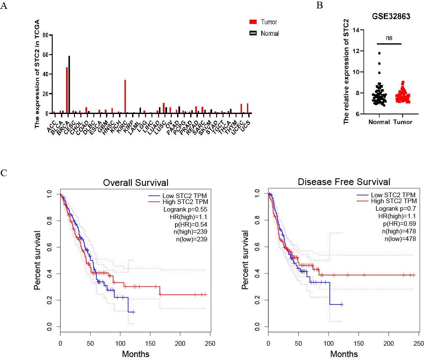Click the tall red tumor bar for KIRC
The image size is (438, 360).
[125, 96]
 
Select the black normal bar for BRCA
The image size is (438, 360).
[69, 85]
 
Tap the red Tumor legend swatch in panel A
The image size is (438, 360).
[253, 22]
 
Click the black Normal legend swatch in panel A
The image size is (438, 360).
[253, 33]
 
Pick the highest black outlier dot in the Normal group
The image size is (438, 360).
[379, 53]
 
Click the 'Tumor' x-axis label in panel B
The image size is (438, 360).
[403, 122]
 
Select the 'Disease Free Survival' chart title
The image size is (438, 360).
[344, 182]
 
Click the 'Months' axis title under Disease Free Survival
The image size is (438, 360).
[344, 354]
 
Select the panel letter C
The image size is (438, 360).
[4, 172]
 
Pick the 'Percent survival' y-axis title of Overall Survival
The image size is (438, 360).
[38, 260]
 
